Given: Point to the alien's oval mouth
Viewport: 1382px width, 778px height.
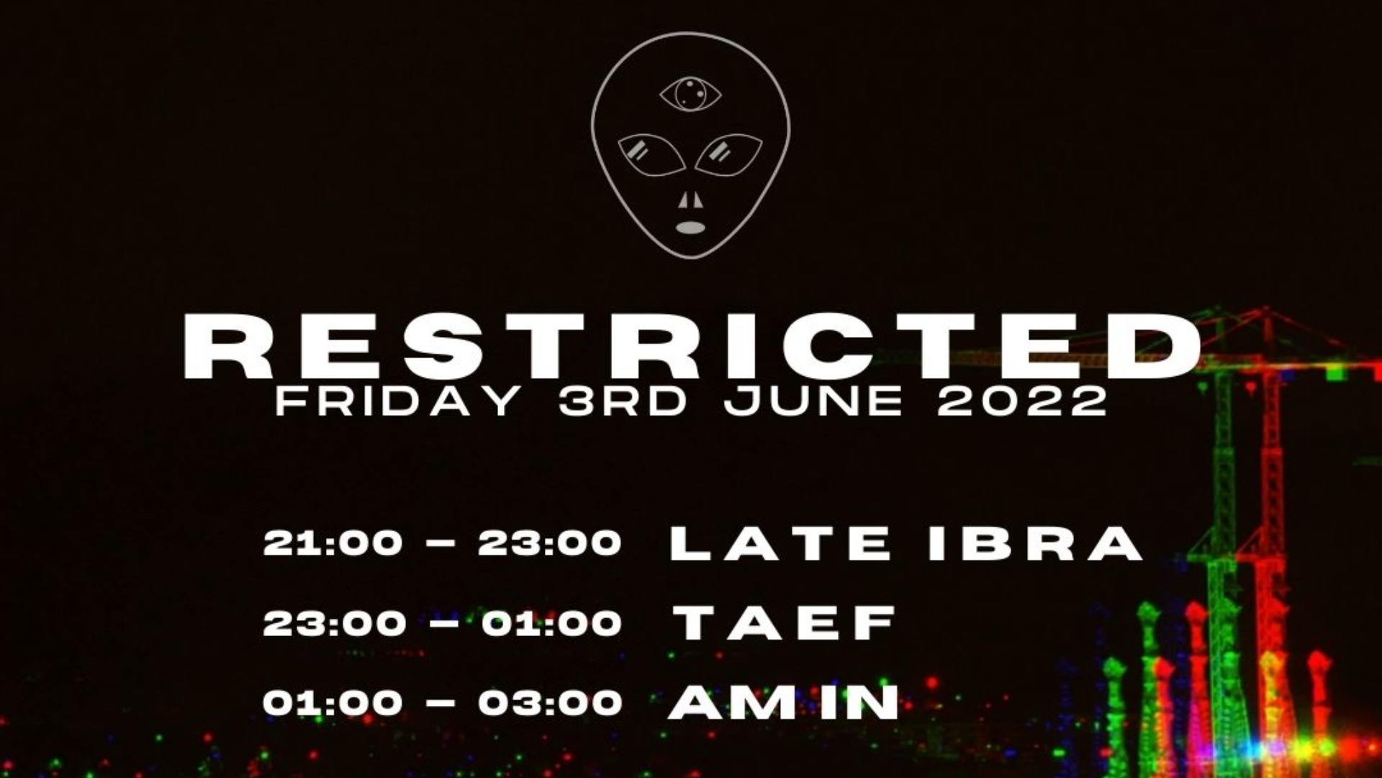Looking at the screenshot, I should pyautogui.click(x=690, y=228).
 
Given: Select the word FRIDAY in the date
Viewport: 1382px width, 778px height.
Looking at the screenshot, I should pyautogui.click(x=398, y=401).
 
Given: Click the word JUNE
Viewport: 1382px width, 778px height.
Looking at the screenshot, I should pyautogui.click(x=813, y=401).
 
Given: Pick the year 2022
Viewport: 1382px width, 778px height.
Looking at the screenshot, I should pyautogui.click(x=1022, y=401).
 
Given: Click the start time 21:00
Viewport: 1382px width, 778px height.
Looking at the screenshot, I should pyautogui.click(x=333, y=542).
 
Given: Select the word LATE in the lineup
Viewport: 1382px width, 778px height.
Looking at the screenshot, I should pyautogui.click(x=781, y=543).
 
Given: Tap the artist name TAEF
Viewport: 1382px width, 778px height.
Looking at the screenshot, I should pyautogui.click(x=785, y=622).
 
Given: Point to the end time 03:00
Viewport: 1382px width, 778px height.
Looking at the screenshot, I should pyautogui.click(x=550, y=702).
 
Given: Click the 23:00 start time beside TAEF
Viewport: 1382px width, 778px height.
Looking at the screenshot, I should pyautogui.click(x=334, y=622).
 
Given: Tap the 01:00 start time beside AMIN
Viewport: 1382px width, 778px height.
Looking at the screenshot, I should pyautogui.click(x=333, y=702).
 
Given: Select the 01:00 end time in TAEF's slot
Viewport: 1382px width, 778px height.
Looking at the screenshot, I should pyautogui.click(x=551, y=622).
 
